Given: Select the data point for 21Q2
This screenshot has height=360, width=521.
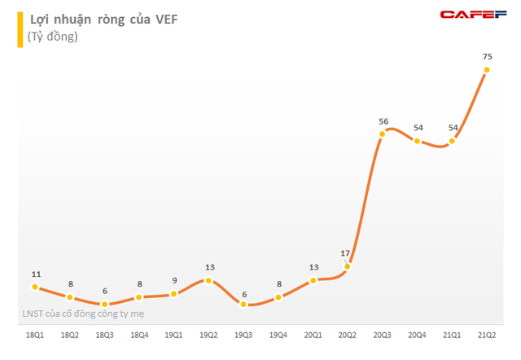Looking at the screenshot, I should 487,70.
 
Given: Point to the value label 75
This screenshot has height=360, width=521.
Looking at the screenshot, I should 487,56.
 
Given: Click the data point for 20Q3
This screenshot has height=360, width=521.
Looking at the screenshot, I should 383,135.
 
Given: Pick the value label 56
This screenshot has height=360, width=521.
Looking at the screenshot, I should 383,121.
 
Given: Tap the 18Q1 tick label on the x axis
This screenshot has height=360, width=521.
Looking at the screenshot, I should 34,334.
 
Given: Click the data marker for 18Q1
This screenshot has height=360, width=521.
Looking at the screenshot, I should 34,287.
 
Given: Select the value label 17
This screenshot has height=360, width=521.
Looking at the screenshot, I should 348,252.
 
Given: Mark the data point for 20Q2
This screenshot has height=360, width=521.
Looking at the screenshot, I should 348,266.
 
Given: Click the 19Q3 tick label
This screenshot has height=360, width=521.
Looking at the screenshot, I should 243,334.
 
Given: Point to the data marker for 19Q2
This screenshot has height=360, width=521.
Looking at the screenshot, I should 208,280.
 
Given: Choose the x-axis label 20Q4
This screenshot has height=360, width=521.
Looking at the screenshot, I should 418,334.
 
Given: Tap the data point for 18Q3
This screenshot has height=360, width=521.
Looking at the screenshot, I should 104,304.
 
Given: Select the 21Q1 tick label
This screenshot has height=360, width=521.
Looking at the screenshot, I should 452,334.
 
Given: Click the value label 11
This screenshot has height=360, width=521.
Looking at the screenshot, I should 34,273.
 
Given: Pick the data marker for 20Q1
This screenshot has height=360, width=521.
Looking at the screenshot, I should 313,280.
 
